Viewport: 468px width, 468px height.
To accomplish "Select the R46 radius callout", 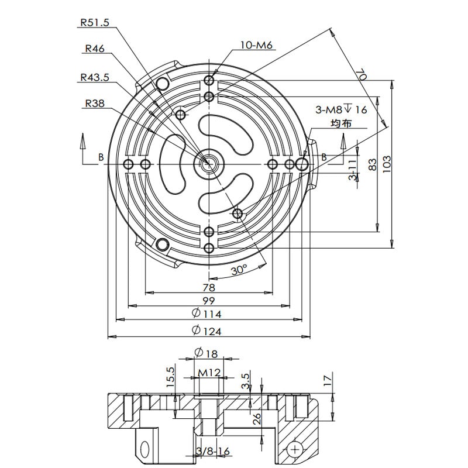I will tap(94, 49).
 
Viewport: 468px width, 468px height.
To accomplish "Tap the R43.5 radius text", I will tap(94, 77).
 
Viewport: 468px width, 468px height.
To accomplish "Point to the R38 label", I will tap(94, 104).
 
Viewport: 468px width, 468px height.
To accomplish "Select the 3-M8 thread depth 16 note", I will tap(341, 109).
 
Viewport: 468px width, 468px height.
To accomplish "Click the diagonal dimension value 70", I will tap(361, 75).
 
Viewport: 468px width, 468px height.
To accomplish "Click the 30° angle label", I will tap(239, 270).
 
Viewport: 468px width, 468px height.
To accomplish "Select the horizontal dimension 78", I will tap(208, 287).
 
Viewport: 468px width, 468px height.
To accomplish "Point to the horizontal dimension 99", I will tap(208, 301).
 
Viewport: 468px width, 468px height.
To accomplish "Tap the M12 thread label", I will tap(209, 373).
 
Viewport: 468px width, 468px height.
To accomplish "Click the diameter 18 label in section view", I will tap(205, 353).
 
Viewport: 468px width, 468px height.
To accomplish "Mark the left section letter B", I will tap(101, 157).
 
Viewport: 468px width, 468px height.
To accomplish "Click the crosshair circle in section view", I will tap(295, 449).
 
